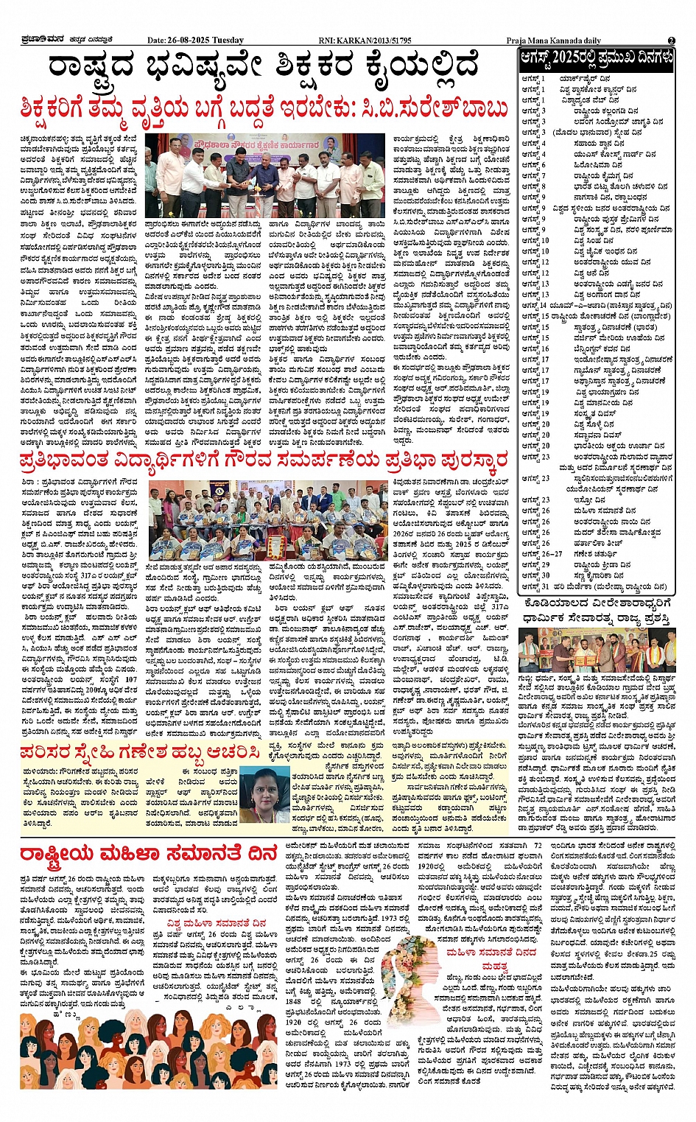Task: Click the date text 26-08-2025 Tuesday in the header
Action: pos(196,40)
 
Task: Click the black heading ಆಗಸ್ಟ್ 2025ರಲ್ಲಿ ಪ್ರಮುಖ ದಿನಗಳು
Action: pos(596,59)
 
